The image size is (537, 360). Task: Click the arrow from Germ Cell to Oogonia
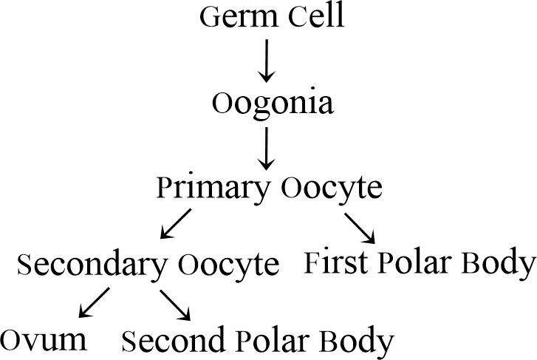point(267,61)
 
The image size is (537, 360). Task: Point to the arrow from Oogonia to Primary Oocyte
point(267,148)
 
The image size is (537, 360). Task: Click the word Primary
point(213,189)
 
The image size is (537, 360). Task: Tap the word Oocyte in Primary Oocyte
point(332,189)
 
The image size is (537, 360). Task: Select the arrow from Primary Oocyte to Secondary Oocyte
point(176,225)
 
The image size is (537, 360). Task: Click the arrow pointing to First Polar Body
point(360,226)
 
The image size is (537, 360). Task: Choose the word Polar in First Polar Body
point(413,262)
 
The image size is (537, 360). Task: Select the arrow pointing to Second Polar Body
point(176,303)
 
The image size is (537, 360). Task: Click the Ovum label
point(44,340)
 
